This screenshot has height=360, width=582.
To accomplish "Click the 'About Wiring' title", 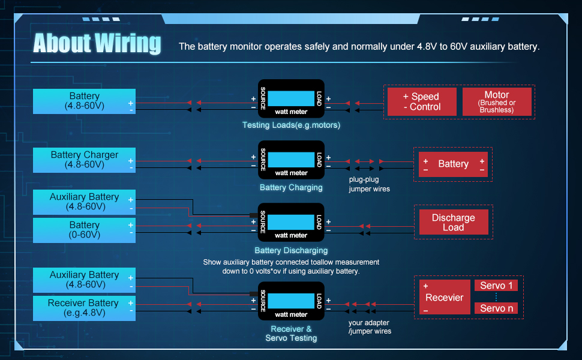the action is point(97,43).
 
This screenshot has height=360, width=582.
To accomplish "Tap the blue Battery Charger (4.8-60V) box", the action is point(84,160).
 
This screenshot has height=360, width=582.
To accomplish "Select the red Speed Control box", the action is point(422,101).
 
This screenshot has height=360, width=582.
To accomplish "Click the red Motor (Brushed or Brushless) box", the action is point(497,101).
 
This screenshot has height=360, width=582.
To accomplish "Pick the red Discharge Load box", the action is point(454,223).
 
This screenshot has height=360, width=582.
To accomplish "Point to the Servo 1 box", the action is point(496,286).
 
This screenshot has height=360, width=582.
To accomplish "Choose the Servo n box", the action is point(496,308).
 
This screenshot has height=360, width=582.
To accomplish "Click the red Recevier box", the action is point(445,297).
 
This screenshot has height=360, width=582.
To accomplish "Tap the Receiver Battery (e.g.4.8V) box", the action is point(84,308).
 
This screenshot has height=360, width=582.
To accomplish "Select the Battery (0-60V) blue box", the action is point(84,230).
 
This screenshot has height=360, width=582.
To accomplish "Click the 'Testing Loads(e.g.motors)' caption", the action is point(291,125).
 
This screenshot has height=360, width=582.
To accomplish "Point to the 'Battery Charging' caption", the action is point(291,187).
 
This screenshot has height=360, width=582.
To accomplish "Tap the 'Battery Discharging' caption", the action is point(291,251).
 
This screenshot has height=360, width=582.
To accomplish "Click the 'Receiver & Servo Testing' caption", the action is point(291,333).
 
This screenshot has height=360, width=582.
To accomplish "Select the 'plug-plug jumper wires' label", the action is point(370,184).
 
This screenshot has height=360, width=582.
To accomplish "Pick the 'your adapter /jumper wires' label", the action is point(370,327).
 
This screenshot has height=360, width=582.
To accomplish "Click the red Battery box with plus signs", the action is point(453,164).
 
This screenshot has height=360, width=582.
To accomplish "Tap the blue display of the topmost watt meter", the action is point(291,99).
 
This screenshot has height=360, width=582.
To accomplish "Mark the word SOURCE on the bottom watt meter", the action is point(263,301).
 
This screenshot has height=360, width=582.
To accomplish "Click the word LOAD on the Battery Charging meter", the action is point(319,160).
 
